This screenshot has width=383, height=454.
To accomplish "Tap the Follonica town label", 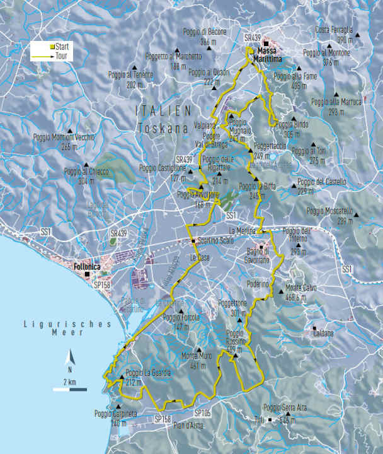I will coord(86,265).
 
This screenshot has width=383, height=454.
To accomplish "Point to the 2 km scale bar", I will coord(69,390).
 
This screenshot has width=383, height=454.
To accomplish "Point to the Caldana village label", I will coord(323,332).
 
